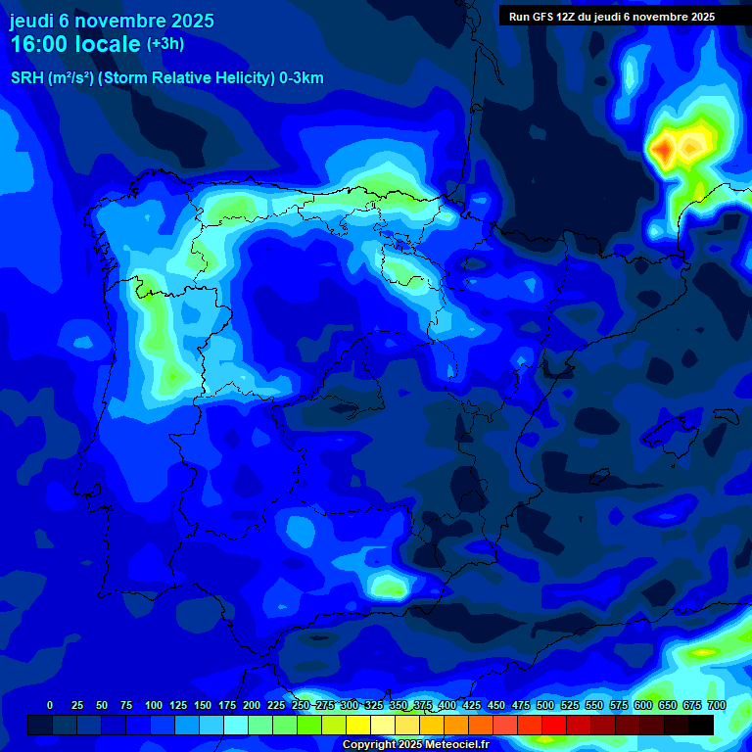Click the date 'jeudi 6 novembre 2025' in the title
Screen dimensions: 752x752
[112, 21]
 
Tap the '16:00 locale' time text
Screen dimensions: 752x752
[75, 44]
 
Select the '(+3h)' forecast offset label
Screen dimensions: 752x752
[165, 44]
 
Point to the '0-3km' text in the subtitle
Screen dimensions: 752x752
[302, 78]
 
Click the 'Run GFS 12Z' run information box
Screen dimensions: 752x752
[612, 17]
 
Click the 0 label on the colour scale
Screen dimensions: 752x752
[50, 705]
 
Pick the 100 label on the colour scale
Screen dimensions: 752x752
[154, 705]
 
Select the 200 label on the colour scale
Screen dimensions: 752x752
[252, 705]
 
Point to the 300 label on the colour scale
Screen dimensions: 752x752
[350, 705]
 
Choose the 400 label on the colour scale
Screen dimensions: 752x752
[447, 705]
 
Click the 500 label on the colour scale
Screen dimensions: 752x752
[545, 705]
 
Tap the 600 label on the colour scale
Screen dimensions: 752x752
[643, 705]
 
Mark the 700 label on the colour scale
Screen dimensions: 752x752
[717, 705]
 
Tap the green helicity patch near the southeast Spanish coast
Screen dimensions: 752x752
[391, 587]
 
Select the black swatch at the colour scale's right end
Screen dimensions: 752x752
[701, 725]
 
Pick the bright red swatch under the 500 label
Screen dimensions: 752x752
[554, 725]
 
